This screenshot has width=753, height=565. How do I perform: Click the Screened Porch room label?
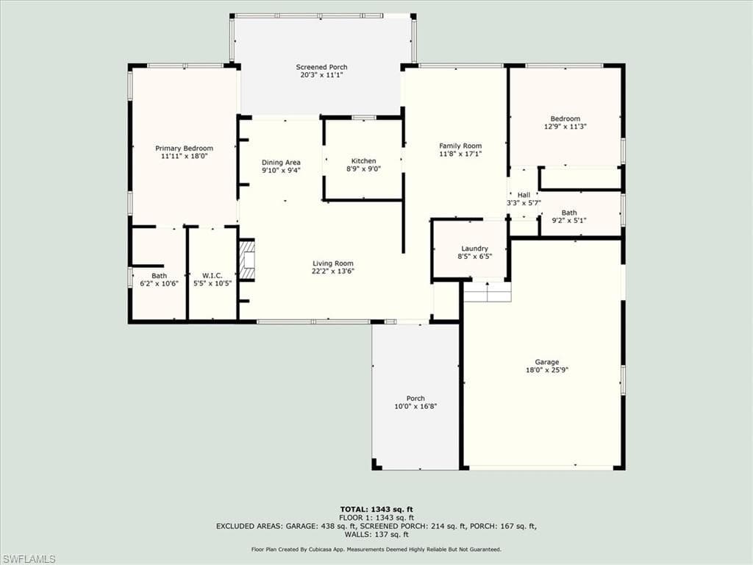coord(321,67)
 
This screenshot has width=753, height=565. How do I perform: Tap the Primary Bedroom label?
coord(184,149)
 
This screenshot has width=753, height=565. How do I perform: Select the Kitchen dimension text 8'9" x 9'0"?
coord(363,168)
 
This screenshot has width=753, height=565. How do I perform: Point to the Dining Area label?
coord(281,163)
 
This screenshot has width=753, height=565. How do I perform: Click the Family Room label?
coord(460,146)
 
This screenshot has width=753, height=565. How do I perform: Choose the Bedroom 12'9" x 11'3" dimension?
coord(565,127)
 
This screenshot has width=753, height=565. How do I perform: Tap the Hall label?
coord(524,195)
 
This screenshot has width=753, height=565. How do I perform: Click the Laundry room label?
coord(474,249)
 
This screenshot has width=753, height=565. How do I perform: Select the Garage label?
coord(547,362)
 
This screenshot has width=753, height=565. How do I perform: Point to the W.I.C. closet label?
coord(213,276)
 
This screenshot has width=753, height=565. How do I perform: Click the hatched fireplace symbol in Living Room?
coord(247,260)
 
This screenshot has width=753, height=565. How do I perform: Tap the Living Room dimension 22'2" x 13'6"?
coord(333,271)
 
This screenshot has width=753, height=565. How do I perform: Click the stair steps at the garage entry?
coord(488,291)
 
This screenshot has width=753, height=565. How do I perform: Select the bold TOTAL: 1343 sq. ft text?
coord(376,509)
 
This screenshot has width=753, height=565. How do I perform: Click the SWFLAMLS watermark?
coord(28,559)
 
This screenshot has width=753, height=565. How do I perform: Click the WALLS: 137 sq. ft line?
coord(376,534)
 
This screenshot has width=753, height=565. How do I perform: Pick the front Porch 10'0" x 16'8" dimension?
coord(415,406)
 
